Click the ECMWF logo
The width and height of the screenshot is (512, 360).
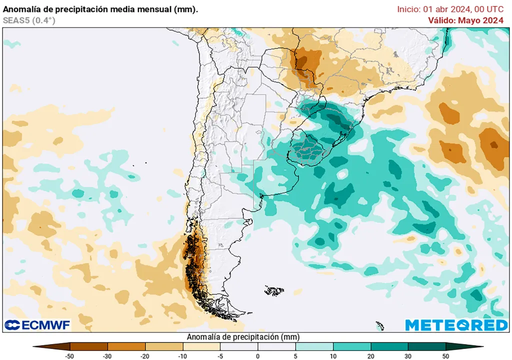(x=37, y=325)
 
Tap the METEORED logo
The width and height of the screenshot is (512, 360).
(x=456, y=325)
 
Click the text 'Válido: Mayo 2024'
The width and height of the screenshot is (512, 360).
(x=465, y=20)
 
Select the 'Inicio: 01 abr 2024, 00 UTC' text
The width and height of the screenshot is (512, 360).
(x=450, y=9)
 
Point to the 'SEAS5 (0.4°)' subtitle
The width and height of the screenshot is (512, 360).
(x=29, y=20)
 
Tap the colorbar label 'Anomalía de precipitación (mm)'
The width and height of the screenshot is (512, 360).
(x=243, y=337)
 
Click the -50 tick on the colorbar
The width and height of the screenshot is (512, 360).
(x=70, y=355)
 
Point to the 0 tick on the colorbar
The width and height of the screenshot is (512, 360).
(x=258, y=355)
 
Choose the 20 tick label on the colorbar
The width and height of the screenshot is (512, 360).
(x=370, y=355)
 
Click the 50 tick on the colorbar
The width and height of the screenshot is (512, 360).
(x=445, y=355)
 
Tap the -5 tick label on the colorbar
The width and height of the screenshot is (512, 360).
(x=220, y=355)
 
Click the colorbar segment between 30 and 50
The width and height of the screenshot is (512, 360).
(x=426, y=346)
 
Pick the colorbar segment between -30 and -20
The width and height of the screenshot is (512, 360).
(x=126, y=346)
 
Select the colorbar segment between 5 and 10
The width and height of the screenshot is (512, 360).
(x=314, y=346)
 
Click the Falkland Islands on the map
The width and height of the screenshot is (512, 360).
(x=274, y=290)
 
